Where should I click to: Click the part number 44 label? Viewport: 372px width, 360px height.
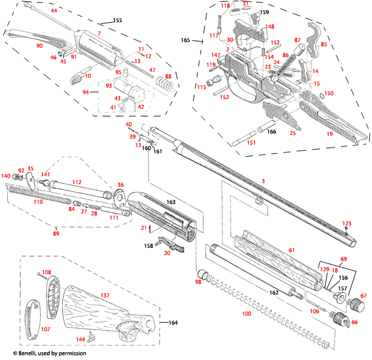tap(54, 11)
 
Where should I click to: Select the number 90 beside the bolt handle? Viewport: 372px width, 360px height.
tap(40, 46)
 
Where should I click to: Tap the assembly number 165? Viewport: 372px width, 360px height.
tap(185, 40)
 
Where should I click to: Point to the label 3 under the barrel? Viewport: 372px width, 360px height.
tap(262, 181)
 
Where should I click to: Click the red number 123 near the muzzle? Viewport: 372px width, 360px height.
tap(346, 223)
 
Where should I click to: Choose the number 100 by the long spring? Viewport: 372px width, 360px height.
tap(247, 314)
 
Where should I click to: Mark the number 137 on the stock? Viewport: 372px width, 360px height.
tap(104, 295)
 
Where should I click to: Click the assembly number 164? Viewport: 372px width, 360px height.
tap(173, 323)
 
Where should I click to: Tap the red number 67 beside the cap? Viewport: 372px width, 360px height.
tap(363, 296)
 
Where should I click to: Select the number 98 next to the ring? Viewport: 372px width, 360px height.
tap(198, 281)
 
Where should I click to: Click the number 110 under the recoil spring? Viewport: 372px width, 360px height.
tap(38, 202)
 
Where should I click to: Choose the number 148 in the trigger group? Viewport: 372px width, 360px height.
tap(270, 27)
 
